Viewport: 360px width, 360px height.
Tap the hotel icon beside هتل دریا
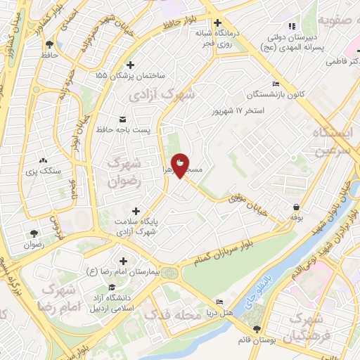(x=219, y=302)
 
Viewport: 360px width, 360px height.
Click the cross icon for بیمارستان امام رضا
(x=124, y=260)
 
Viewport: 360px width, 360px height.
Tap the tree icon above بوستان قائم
(x=256, y=328)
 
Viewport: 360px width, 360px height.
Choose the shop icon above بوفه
(x=297, y=207)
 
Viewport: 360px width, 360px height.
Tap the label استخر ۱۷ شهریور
(x=241, y=111)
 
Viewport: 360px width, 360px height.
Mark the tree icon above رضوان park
(x=32, y=233)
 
